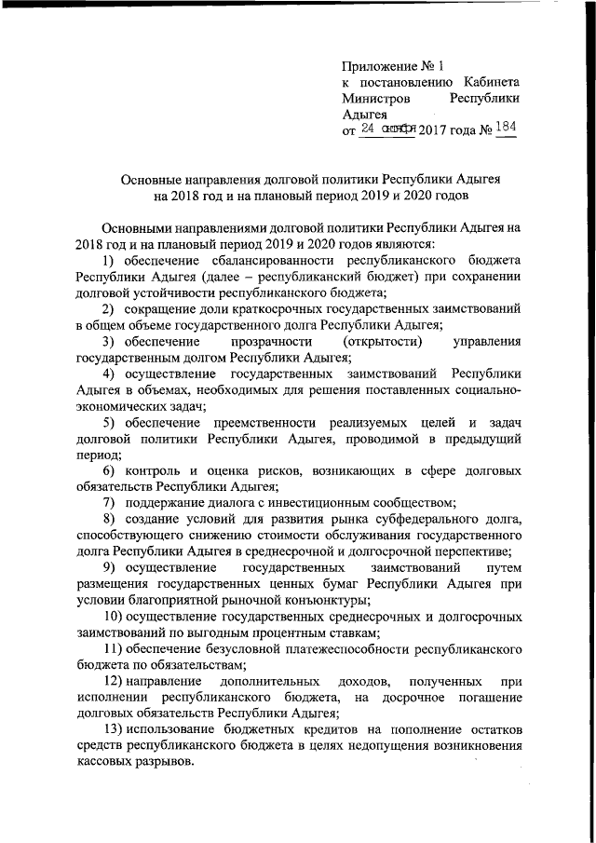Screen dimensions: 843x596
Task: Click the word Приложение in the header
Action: coord(379,66)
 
